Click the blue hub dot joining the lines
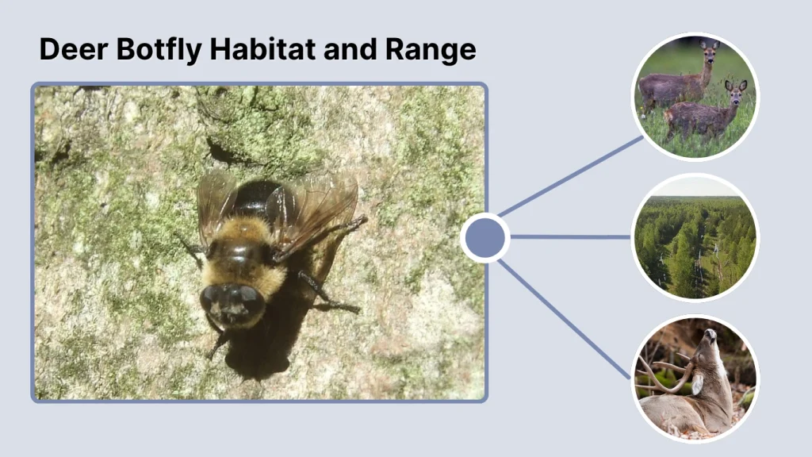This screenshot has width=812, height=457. [x=485, y=237]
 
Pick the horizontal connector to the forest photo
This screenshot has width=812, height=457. [x=571, y=236]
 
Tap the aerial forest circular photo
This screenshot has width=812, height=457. [x=695, y=236]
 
